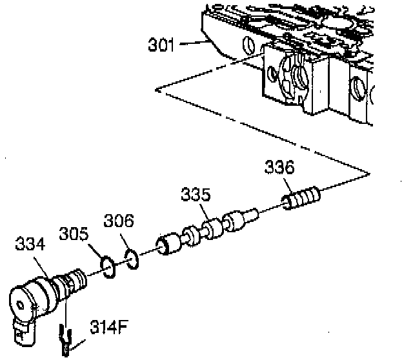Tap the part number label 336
click(x=279, y=168)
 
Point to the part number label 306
click(x=119, y=223)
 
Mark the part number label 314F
click(x=108, y=326)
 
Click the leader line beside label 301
click(x=192, y=44)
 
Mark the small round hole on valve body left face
click(x=247, y=46)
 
